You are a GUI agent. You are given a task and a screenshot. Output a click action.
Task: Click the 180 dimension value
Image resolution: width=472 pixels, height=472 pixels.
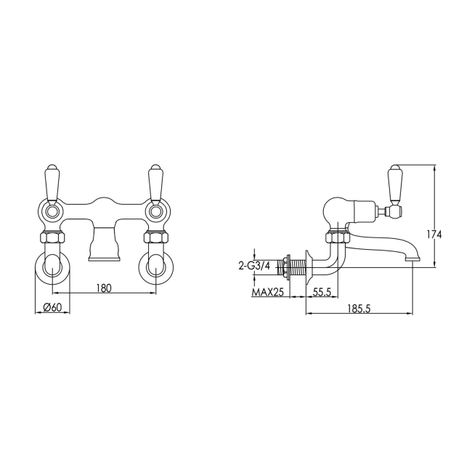click(x=104, y=288)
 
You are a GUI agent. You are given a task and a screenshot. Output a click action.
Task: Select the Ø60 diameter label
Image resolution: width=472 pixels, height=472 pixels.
click(x=52, y=307)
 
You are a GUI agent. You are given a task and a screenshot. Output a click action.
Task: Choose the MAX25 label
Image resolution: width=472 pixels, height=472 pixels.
click(x=269, y=292)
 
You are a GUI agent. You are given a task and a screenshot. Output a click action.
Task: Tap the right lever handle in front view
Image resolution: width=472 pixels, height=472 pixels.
click(x=155, y=182)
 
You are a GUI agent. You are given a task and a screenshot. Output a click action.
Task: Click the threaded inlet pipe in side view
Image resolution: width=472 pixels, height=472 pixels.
click(x=294, y=266)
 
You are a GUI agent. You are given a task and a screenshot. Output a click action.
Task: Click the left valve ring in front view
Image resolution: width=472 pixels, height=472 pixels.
click(x=53, y=212)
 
